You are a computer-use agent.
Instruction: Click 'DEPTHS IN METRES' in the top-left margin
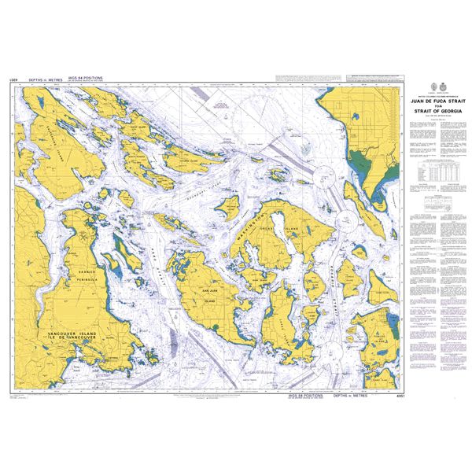click(x=46, y=80)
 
